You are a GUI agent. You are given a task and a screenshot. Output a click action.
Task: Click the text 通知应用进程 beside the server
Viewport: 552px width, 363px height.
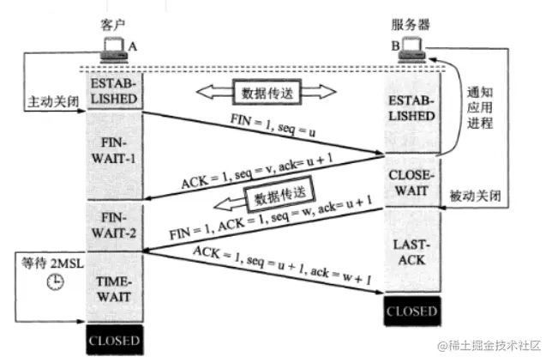point(479,107)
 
